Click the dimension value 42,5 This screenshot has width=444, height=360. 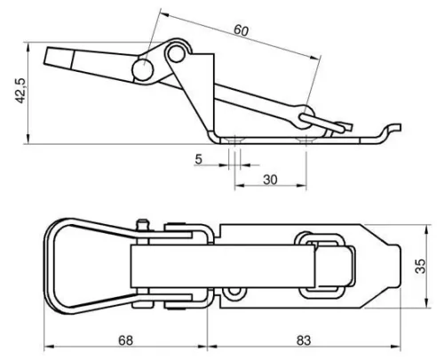[x=21, y=91]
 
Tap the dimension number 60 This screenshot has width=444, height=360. [x=242, y=31]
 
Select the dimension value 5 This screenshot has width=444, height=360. [x=198, y=159]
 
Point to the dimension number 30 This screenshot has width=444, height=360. [x=270, y=180]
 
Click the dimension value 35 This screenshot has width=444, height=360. [x=420, y=266]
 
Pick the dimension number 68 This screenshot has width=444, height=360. [x=125, y=340]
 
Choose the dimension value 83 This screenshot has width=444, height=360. [x=304, y=340]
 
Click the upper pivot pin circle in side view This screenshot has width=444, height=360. [x=177, y=52]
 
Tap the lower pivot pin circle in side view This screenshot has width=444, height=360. [x=143, y=70]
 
